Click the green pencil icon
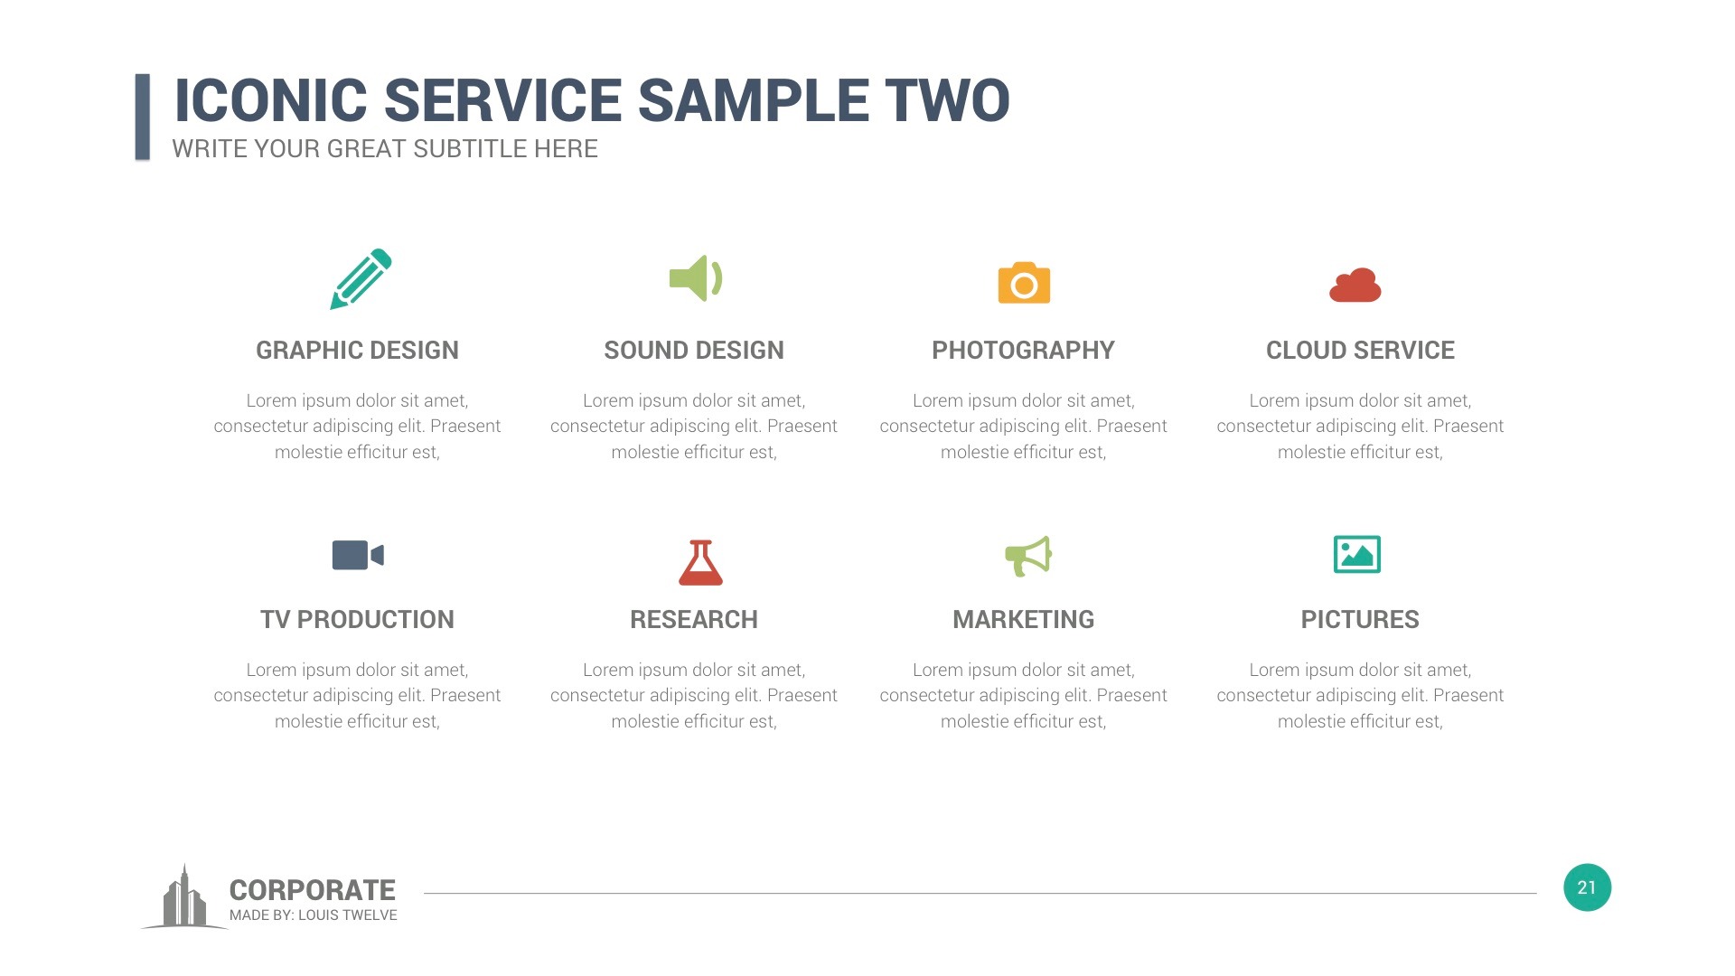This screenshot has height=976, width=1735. (x=360, y=279)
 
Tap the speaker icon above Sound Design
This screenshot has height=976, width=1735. (x=695, y=278)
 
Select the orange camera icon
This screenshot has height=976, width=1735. (x=1024, y=284)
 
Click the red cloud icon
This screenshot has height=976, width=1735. (x=1355, y=286)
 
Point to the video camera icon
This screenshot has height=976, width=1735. (x=358, y=555)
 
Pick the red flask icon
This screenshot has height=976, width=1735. (x=700, y=562)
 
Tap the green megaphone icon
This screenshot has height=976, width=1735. (x=1028, y=556)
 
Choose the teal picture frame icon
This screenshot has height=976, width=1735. (x=1356, y=555)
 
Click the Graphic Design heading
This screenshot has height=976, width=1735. (x=357, y=351)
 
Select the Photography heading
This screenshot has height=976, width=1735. (x=1023, y=351)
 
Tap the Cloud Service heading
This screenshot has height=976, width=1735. (x=1360, y=351)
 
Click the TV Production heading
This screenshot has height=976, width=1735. (x=357, y=620)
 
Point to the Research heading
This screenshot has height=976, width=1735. (x=694, y=620)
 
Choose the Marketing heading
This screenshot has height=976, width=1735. (x=1023, y=620)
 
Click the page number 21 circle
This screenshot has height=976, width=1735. (x=1587, y=887)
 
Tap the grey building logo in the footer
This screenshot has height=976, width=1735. (x=183, y=899)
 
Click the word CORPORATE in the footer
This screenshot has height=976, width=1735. (x=312, y=890)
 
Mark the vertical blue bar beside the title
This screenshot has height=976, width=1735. (x=143, y=117)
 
